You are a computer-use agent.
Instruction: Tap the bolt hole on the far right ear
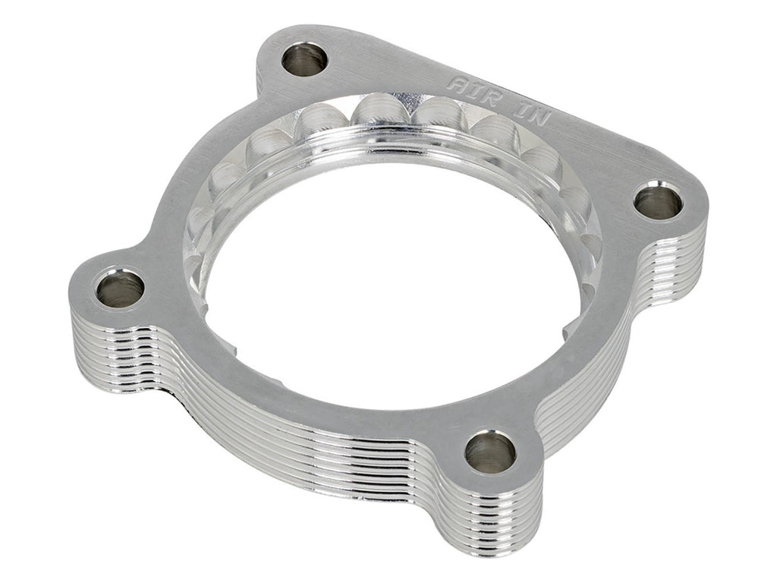pos(658,202)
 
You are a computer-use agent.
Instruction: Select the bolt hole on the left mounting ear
pos(121,288)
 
